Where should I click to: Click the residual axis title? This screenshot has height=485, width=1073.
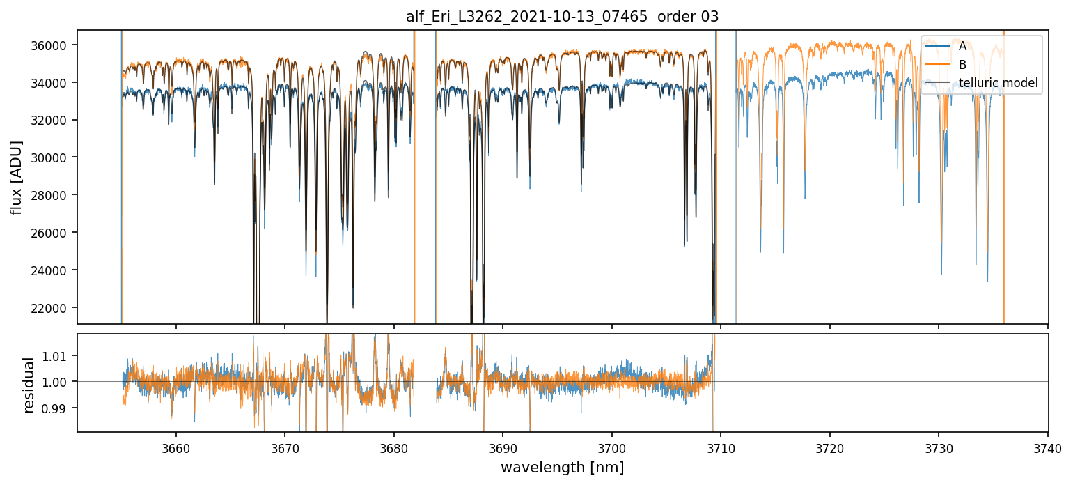click(x=29, y=384)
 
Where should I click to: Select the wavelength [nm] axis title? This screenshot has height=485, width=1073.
click(x=563, y=468)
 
